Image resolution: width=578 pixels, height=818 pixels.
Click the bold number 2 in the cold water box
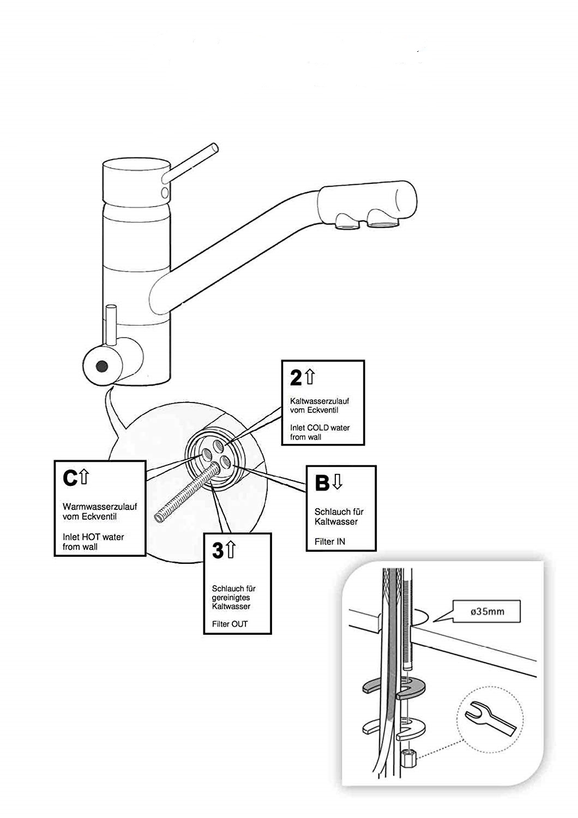coord(295,377)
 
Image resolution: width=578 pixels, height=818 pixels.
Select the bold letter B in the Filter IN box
coord(322,482)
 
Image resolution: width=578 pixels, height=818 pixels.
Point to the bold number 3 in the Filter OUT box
coord(218,551)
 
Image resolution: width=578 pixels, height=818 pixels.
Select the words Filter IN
coord(330,542)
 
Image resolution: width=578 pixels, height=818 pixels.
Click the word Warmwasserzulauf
coord(92,507)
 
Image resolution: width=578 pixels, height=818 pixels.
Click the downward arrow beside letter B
coord(338,481)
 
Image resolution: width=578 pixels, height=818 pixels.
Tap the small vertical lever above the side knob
coord(111,324)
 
